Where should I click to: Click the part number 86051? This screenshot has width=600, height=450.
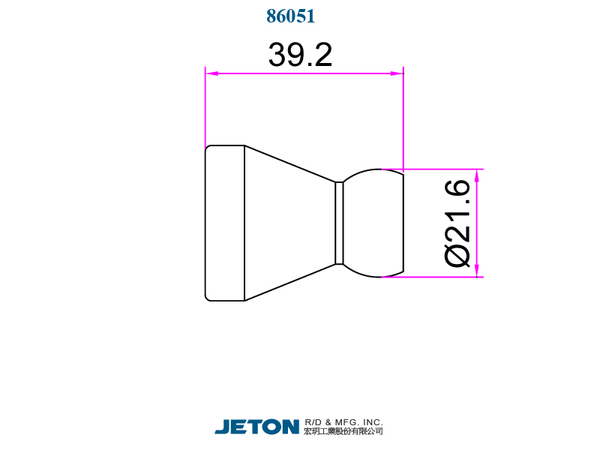coord(291,16)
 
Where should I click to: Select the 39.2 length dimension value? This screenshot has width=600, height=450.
coord(300,55)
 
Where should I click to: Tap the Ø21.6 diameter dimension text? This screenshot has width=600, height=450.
coord(458,223)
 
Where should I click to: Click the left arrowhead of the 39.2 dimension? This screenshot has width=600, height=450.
coord(212,73)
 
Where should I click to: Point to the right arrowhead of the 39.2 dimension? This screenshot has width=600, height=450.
coord(397,73)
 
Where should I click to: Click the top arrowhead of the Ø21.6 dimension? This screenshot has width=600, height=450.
coord(477,176)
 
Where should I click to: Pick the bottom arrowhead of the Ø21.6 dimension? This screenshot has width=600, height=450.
coord(477,270)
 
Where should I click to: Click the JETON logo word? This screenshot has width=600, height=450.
coord(257,426)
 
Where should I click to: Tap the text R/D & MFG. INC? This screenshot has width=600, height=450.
coord(344,422)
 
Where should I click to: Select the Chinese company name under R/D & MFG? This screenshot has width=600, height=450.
coord(344,432)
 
